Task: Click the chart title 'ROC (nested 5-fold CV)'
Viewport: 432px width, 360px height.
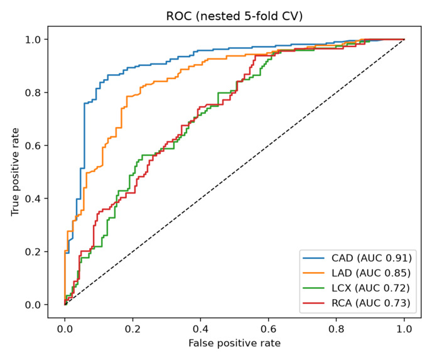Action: click(x=234, y=16)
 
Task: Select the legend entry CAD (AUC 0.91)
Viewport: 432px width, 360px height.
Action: click(x=357, y=258)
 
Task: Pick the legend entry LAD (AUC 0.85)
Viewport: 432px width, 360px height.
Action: click(x=357, y=273)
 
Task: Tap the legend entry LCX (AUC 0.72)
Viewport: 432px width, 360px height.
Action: click(x=356, y=288)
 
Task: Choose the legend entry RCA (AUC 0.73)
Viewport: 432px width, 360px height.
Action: click(x=357, y=303)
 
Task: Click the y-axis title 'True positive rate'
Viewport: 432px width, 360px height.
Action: click(x=15, y=172)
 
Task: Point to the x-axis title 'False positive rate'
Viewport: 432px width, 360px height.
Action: click(x=234, y=343)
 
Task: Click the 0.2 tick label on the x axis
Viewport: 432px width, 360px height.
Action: click(x=132, y=329)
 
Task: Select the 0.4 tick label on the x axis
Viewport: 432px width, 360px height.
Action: click(x=200, y=329)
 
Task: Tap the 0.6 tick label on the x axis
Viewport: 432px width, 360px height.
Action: click(x=268, y=329)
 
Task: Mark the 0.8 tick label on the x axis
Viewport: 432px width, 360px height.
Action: click(x=336, y=329)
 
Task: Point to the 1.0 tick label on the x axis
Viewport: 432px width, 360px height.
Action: click(x=404, y=329)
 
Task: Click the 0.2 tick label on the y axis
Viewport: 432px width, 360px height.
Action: click(x=33, y=252)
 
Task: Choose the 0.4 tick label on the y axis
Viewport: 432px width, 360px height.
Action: click(x=33, y=199)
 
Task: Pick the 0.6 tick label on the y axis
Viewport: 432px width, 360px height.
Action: click(x=33, y=146)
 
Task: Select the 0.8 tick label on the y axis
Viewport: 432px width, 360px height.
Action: click(x=33, y=92)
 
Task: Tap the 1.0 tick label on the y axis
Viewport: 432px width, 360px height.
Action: click(x=33, y=40)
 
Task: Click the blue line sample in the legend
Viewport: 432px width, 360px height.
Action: click(x=313, y=258)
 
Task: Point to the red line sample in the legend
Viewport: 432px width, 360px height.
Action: click(x=313, y=303)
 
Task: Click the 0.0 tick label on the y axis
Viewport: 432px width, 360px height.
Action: click(x=33, y=305)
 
